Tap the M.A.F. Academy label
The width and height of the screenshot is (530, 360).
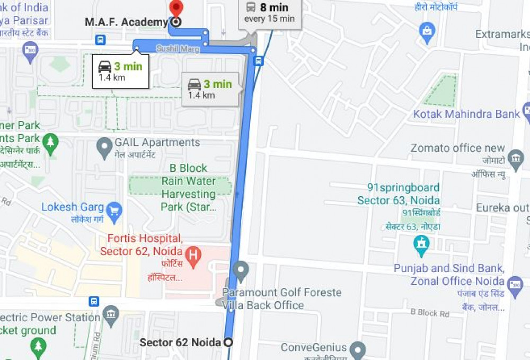126,22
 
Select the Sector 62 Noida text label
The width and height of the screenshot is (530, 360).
180,343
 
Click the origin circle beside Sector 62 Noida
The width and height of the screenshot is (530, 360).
228,343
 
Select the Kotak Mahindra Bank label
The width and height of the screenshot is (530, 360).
466,114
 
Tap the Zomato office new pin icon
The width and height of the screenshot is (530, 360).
515,157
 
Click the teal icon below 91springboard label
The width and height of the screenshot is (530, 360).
422,244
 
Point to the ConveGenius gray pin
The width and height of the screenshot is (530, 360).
358,349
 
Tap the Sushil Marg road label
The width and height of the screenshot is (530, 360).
178,49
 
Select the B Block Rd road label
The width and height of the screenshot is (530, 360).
430,313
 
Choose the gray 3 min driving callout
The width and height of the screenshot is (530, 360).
210,89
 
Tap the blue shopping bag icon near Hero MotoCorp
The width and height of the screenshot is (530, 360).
427,32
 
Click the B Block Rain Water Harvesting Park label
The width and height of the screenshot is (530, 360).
188,188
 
